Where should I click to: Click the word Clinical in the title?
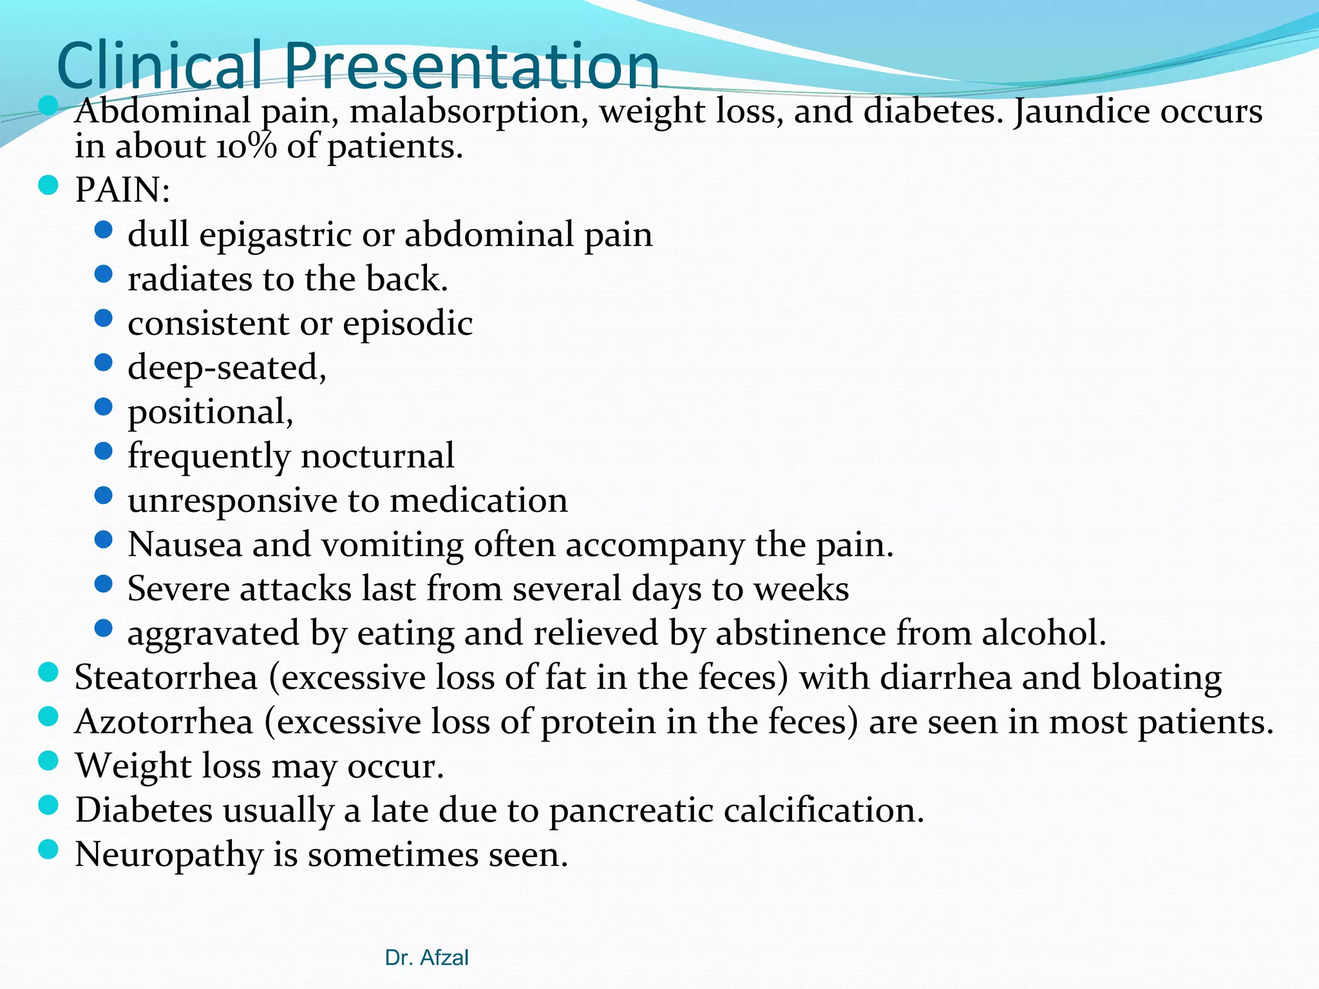pos(160,65)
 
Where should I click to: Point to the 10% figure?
pos(246,147)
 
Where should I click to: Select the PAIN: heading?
pos(122,190)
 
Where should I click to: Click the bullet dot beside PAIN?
pos(48,186)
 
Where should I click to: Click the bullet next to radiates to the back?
pos(103,275)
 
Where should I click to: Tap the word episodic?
pos(408,323)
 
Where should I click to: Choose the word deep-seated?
pos(227,368)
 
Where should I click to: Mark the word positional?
pos(210,412)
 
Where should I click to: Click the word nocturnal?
pos(377,456)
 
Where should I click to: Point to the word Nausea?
pos(184,545)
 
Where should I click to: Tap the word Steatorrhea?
pos(166,677)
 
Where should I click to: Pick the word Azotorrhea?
pos(164,722)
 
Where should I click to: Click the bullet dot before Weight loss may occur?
pos(48,761)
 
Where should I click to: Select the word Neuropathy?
pos(168,855)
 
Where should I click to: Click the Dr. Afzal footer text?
pos(426,958)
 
